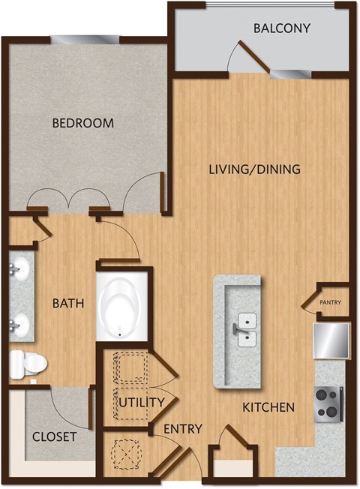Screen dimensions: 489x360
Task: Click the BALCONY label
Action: tap(281, 29)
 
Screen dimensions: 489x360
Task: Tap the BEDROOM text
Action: tap(82, 123)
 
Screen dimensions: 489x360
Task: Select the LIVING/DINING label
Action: tap(254, 169)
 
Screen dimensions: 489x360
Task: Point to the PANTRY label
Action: tap(331, 303)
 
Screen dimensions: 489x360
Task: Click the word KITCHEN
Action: tap(268, 408)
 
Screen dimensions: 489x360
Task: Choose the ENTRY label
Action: tap(183, 429)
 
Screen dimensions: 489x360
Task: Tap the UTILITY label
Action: tap(141, 403)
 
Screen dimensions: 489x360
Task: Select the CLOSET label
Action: tap(55, 436)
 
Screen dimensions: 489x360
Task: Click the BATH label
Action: tap(67, 304)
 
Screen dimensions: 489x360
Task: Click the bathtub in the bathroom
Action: tap(124, 308)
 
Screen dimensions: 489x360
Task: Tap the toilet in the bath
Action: tap(28, 364)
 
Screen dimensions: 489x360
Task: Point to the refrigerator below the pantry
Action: tap(331, 340)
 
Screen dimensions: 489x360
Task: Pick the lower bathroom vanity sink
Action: tap(19, 324)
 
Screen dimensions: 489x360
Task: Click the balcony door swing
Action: tap(250, 55)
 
